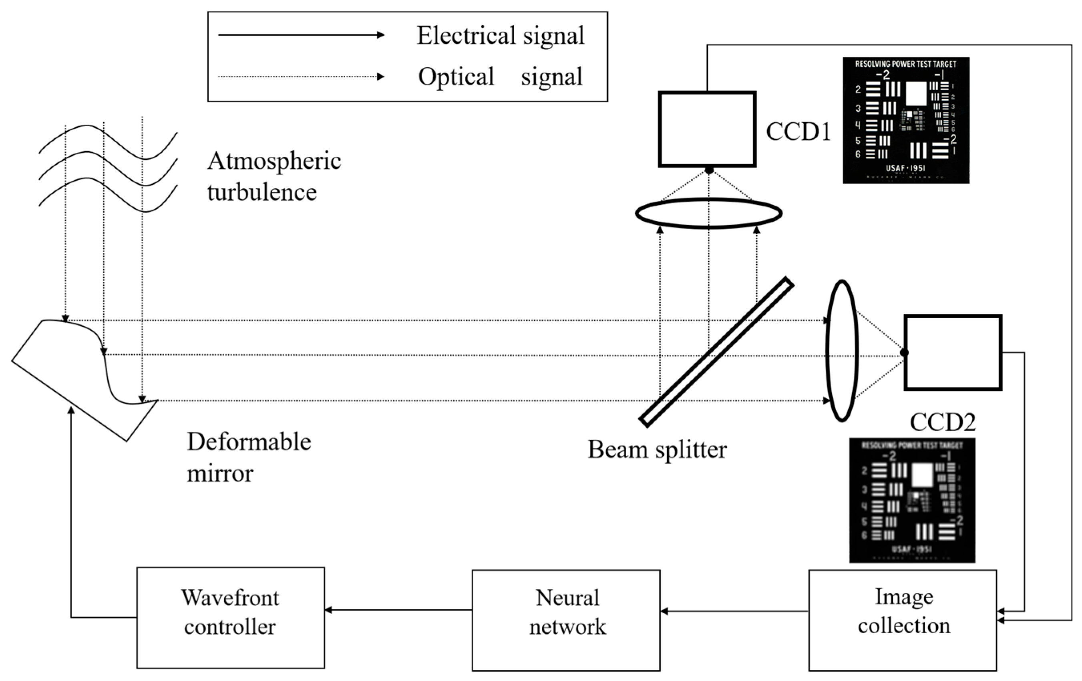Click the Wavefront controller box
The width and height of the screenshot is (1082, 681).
coord(231,617)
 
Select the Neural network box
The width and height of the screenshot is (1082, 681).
coord(566,620)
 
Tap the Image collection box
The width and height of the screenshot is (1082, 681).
coord(902,620)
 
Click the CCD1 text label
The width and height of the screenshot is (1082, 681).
coord(798,132)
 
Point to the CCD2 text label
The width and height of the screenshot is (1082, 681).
coord(942,422)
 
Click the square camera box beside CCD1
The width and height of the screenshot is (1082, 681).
coord(707,129)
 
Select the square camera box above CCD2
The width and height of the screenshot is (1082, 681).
coord(953,352)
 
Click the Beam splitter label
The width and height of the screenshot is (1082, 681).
coord(657,449)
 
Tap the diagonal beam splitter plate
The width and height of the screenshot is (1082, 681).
coord(716,352)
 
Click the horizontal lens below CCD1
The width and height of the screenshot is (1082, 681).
coord(709,213)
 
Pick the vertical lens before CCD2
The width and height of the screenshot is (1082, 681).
coord(842,351)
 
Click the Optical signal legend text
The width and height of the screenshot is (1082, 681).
coord(500,77)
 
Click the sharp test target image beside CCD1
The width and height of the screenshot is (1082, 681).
coord(905,120)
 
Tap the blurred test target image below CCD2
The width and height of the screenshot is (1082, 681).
coord(912,500)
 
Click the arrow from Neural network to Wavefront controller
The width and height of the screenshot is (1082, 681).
coord(398,610)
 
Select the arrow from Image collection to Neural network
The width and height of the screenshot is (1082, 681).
coord(734,611)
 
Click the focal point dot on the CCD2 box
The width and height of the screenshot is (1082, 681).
coord(905,353)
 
